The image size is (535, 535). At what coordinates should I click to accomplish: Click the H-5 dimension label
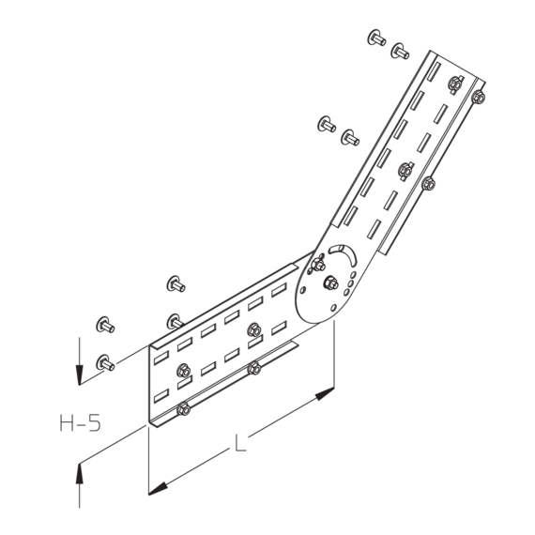point(81,422)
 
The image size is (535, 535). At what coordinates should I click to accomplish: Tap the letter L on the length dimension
point(240,443)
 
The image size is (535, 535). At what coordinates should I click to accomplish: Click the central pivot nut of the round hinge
point(330,283)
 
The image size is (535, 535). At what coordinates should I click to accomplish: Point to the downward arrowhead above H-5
point(80,374)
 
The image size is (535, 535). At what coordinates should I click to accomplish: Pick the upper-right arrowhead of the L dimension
point(325,393)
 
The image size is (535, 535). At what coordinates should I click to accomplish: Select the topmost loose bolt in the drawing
point(376,38)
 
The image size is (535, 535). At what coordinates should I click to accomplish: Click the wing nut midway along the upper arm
point(405,169)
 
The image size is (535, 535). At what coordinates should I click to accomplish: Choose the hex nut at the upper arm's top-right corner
point(479,98)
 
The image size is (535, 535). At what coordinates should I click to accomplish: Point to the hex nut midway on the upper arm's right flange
point(428,184)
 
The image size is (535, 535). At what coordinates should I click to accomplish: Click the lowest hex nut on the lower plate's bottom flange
point(184,408)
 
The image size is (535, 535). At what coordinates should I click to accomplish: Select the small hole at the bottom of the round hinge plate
point(333,308)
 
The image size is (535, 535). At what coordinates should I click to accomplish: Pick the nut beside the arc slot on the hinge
point(318,265)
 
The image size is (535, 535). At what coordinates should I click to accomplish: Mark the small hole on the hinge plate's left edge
point(302,290)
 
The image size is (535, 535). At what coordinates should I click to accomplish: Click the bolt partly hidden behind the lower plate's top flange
point(175,321)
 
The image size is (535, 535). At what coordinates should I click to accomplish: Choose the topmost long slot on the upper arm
point(434,71)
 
